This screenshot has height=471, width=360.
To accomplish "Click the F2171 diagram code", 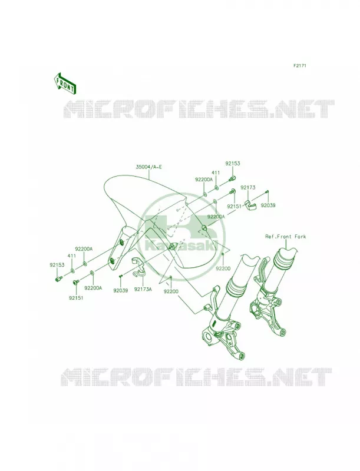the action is click(299, 65).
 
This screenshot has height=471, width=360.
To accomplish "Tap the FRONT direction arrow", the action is click(65, 83).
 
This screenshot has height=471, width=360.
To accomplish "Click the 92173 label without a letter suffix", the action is click(248, 188).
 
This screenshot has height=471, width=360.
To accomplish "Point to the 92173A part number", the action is click(143, 290).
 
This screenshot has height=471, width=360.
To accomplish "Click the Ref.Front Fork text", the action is click(285, 237).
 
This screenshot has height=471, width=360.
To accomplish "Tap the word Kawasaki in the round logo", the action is click(181, 246).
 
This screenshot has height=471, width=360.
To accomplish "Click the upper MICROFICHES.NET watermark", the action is click(200, 109).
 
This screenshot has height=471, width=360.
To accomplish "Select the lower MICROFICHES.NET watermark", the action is click(197, 377).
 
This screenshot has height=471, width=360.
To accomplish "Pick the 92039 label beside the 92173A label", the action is click(121, 290).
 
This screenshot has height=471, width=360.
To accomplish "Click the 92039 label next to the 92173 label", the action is click(268, 205).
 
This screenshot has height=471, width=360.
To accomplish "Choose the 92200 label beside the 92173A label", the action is click(171, 291).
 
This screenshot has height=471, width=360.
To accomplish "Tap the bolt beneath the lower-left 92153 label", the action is click(58, 279).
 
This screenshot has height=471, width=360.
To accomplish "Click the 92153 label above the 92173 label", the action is click(233, 164).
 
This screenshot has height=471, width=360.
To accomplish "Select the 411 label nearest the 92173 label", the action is click(216, 173).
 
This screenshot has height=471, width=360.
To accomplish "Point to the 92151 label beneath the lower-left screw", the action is click(76, 298).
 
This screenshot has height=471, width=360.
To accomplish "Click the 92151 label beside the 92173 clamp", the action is click(234, 207).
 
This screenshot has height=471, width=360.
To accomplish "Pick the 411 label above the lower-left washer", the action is click(72, 256).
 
